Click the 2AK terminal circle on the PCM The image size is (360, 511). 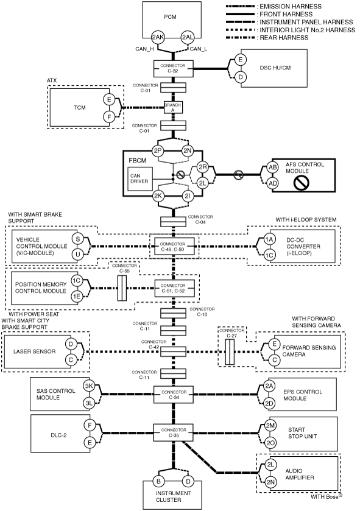pos(158,37)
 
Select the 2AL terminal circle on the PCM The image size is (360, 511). pos(188,37)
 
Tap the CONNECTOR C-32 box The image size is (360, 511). pos(173,68)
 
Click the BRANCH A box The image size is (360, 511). pos(173,108)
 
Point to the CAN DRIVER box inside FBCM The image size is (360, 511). pos(139,178)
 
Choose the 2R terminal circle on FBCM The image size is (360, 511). pos(203,167)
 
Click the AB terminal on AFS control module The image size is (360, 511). pos(272,167)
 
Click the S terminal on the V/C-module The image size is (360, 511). pos(78,239)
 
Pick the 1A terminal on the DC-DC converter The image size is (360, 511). pos(269,239)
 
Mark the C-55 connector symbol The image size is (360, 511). pos(122,288)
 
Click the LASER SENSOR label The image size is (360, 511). pos(35,351)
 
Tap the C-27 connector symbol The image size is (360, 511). pos(230,352)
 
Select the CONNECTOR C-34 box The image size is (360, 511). pos(174,394)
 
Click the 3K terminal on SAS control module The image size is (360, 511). pos(89,387)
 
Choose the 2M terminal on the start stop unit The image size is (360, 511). pos(270,426)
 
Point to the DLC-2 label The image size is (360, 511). pos(59,435)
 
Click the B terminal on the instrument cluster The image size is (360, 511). pos(158,481)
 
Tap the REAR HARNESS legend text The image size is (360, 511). pos(284,38)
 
